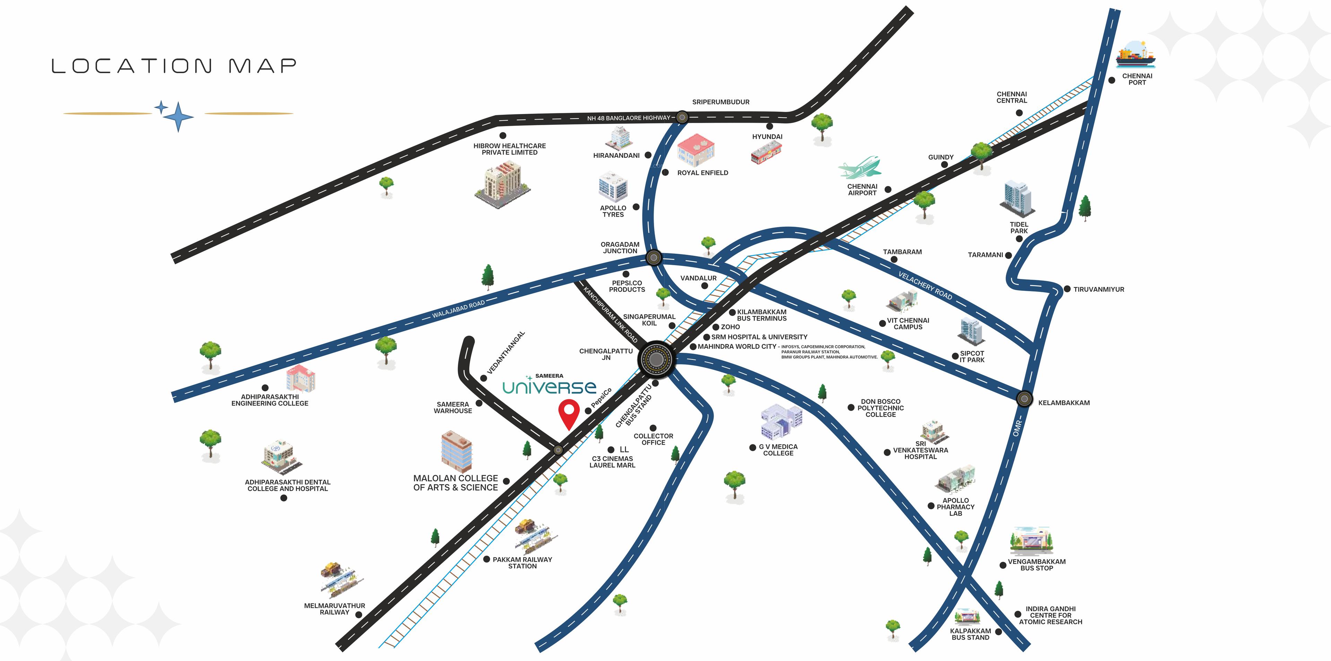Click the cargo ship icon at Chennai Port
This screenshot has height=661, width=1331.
pos(1135,56)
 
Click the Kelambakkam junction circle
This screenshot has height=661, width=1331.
pos(1024,399)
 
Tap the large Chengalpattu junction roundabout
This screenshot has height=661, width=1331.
pos(656,359)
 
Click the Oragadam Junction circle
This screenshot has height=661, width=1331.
pos(654,257)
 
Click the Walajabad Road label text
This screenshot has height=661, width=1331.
pos(458,310)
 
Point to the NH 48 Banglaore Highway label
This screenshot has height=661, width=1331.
pos(628,118)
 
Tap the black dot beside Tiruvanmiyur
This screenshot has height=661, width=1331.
pos(1067,289)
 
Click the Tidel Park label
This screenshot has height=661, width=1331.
pos(1019,227)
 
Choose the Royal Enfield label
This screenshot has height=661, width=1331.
pos(702,173)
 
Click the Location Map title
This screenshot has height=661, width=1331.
pos(174,66)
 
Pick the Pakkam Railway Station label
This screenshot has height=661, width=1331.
pos(522,563)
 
